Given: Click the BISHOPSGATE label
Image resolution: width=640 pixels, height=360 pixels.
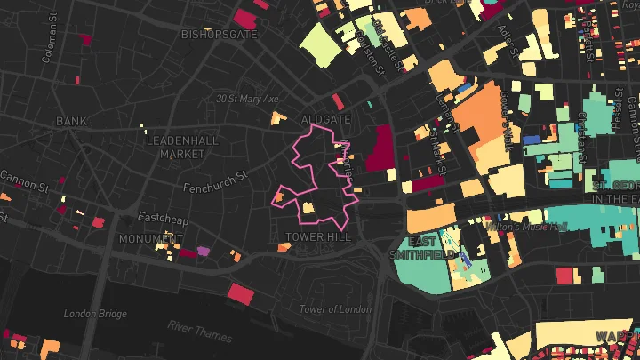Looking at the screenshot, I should click(x=219, y=35).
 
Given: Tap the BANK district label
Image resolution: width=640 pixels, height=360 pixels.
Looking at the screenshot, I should click(x=72, y=120).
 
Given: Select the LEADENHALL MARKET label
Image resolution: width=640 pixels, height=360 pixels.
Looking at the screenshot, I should click(x=176, y=147).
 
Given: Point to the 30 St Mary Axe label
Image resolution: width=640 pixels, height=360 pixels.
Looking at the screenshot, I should click(x=247, y=99).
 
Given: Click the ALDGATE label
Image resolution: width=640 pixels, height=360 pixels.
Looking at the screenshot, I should click(x=326, y=119).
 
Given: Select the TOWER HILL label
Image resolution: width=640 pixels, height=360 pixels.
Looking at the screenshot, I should click(x=317, y=237).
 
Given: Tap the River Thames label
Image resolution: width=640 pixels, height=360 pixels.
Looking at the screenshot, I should click(x=199, y=331).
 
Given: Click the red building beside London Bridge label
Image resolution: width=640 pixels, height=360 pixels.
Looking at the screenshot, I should click(x=241, y=292).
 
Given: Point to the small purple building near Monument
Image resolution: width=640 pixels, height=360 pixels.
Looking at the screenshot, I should click(x=204, y=252).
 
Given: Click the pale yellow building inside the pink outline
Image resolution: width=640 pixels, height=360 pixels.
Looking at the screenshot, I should click(x=308, y=208).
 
